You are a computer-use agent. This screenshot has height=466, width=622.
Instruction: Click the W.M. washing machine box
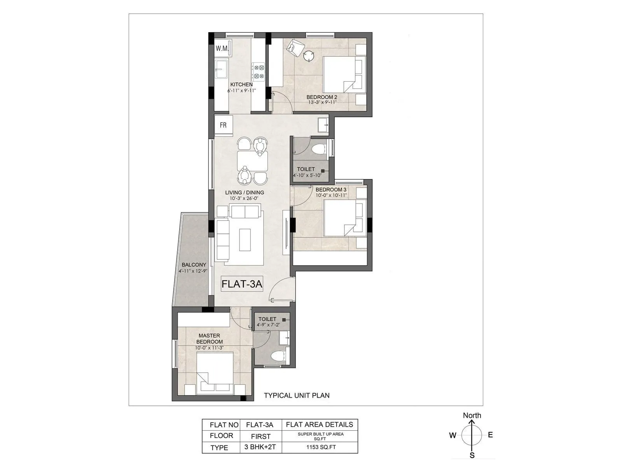tap(223, 49)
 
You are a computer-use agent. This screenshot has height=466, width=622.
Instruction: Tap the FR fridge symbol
tap(223, 125)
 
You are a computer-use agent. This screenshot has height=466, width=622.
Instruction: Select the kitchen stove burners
tap(259, 72)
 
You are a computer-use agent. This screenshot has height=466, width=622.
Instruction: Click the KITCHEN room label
tap(241, 84)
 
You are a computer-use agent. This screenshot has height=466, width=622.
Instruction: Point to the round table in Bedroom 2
tap(309, 56)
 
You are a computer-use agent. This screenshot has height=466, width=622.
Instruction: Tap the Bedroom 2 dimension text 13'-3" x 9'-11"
tap(322, 103)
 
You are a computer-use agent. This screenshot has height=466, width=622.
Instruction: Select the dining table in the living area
tap(253, 161)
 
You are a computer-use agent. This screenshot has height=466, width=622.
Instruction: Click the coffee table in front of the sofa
tap(245, 240)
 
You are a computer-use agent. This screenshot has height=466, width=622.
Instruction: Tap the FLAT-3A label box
tap(242, 284)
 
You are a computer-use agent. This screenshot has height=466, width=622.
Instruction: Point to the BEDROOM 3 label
tap(331, 190)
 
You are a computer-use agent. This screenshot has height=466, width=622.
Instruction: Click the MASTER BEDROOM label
tap(210, 339)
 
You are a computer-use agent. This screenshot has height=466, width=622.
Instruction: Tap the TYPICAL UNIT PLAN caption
tap(297, 395)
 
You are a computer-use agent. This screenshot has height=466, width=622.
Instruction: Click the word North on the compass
tap(472, 415)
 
